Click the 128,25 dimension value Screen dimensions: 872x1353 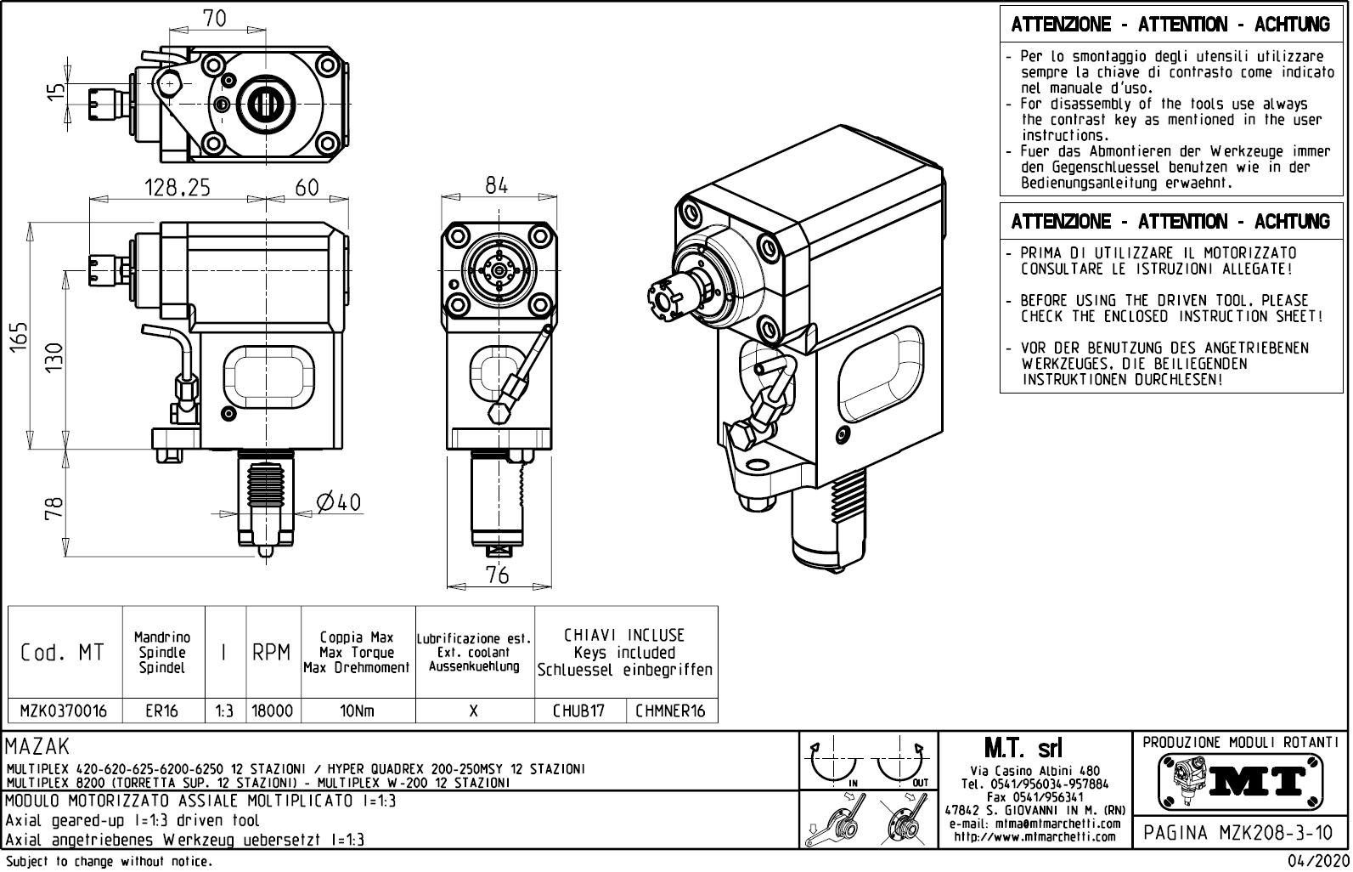(x=178, y=188)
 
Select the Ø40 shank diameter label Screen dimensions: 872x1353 (x=339, y=502)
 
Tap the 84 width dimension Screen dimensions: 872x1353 (x=497, y=185)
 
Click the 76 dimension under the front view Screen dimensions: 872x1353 (x=498, y=575)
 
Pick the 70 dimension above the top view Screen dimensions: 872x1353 (x=215, y=18)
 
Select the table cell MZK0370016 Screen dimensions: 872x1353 (x=65, y=711)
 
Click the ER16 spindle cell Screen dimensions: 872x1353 (x=162, y=711)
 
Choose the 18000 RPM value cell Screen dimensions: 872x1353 (x=273, y=711)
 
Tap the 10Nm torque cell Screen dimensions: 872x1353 (x=357, y=711)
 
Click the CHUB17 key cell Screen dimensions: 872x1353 (x=579, y=711)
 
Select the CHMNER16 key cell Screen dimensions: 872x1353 (x=671, y=711)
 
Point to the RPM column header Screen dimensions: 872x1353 (x=273, y=653)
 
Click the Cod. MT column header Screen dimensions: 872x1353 (x=63, y=653)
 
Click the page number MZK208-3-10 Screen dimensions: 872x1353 (x=1240, y=833)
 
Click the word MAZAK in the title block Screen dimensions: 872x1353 (x=38, y=748)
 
